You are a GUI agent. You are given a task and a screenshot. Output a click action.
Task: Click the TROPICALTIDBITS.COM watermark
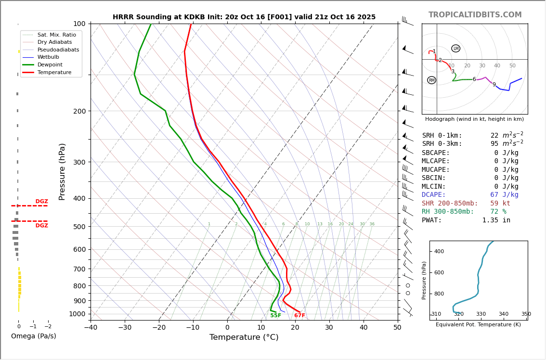click(x=475, y=15)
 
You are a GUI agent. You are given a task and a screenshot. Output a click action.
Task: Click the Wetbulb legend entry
click(x=48, y=57)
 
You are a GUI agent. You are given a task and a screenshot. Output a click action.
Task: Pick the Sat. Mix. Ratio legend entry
click(x=56, y=35)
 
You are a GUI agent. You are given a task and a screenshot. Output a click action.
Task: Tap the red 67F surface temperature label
click(x=299, y=316)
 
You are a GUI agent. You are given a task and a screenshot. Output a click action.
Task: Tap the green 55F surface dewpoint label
click(x=275, y=316)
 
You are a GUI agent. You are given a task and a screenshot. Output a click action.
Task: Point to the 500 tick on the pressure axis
click(x=78, y=227)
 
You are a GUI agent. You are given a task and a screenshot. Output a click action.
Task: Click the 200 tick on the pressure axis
click(x=78, y=111)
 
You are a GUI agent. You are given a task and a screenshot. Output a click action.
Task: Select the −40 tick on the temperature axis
click(x=91, y=328)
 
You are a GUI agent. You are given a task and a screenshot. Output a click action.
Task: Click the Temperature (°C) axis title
click(x=244, y=337)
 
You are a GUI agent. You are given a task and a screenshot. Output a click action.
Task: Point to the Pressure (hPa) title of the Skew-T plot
click(x=62, y=172)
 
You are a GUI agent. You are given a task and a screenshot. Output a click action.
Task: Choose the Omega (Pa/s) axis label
click(x=33, y=336)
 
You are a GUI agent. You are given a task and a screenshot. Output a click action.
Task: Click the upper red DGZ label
click(x=41, y=202)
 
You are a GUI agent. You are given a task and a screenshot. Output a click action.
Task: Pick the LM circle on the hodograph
click(x=455, y=49)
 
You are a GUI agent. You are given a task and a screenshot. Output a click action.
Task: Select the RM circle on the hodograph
click(x=431, y=80)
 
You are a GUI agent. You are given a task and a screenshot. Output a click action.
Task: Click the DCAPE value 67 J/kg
click(x=504, y=195)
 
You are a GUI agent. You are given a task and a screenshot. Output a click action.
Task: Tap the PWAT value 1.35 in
click(x=496, y=220)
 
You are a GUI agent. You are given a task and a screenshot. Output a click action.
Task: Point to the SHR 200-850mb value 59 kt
click(x=500, y=204)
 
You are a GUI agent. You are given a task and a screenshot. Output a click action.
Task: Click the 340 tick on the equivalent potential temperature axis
click(x=503, y=314)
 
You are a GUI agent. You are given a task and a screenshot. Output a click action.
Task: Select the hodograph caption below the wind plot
click(x=474, y=119)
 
